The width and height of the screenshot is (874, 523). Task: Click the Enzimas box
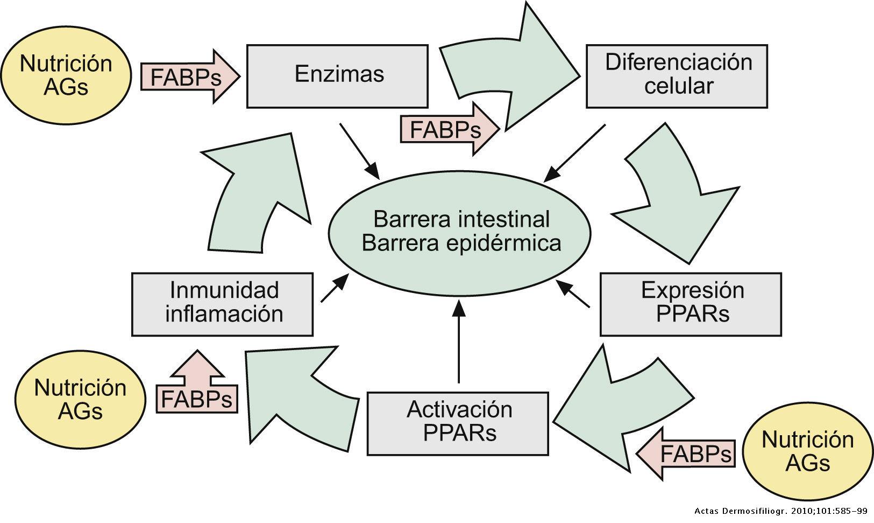coord(337,76)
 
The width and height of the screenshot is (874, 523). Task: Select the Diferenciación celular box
coord(677,76)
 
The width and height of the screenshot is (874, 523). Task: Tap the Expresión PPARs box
coord(691,304)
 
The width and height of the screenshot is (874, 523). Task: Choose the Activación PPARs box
coord(458,423)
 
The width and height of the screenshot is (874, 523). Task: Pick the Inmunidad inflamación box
coord(222,304)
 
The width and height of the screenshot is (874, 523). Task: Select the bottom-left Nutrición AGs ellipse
coord(80,399)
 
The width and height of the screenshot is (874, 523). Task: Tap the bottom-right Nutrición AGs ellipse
coord(808,451)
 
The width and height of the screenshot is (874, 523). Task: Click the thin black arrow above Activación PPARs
coord(459,342)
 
